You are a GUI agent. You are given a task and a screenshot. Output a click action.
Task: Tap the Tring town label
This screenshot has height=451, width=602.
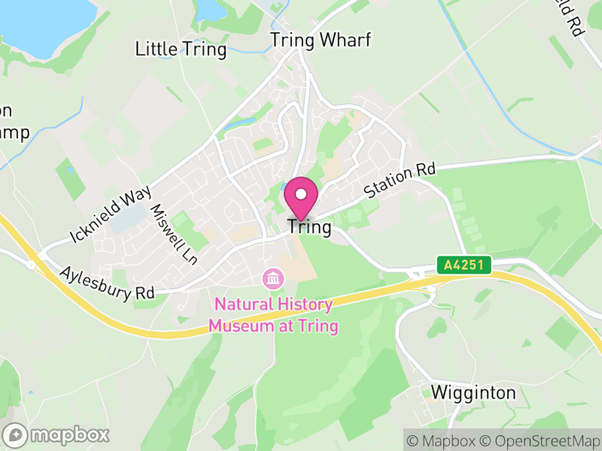pos(309,227)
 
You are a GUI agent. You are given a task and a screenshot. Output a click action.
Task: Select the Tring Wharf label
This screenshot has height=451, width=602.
pos(321,41)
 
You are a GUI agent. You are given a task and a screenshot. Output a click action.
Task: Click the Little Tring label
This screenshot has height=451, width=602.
pos(181,50)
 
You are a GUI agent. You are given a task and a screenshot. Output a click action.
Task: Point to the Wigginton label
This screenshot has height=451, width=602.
pos(473,392)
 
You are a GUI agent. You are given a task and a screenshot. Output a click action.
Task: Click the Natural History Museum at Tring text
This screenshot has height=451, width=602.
pos(273,316)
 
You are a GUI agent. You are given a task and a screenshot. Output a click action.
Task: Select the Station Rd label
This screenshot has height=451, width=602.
pos(400,182)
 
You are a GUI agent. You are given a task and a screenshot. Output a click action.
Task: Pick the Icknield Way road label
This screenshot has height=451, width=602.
pos(111,215)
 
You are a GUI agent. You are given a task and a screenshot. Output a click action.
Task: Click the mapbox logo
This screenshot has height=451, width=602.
pos(57,434)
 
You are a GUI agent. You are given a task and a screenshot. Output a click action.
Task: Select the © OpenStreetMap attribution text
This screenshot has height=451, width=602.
pos(542,440)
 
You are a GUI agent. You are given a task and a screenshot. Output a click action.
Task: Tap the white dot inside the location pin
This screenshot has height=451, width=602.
pos(301,194)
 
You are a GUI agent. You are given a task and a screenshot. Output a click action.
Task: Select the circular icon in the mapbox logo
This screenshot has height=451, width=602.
pos(16,434)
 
